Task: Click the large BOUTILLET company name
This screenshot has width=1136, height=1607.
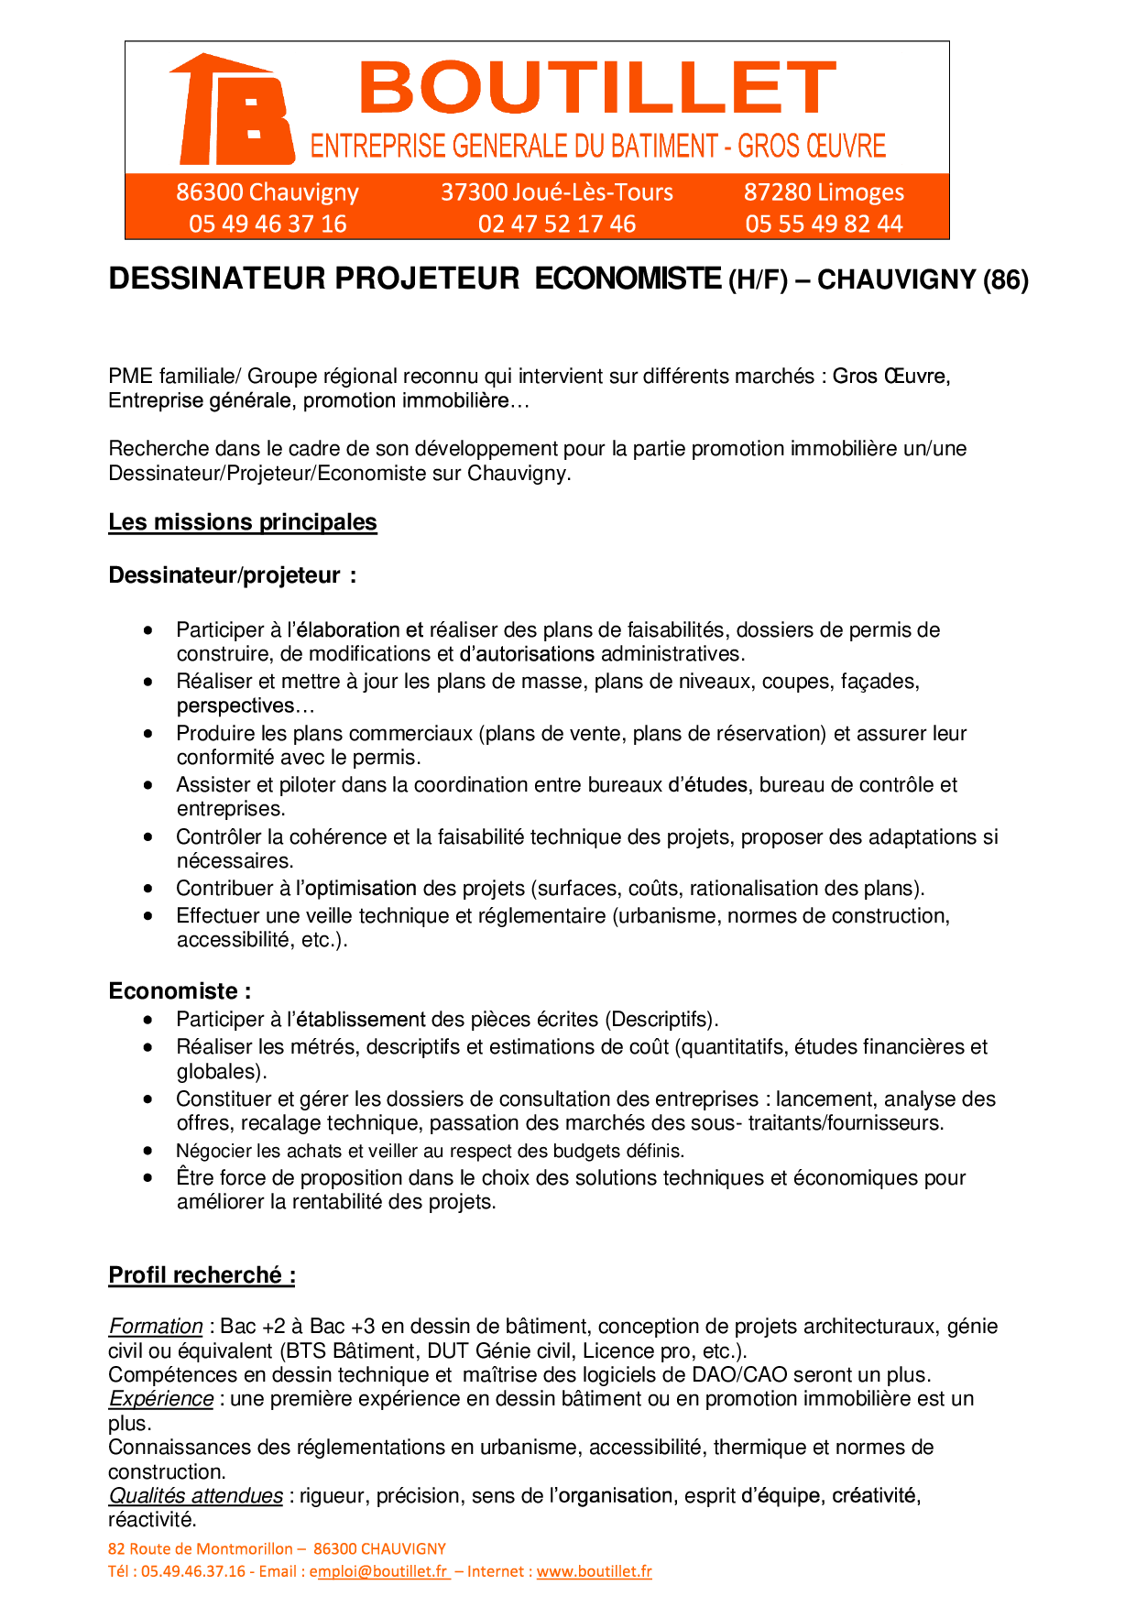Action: tap(597, 88)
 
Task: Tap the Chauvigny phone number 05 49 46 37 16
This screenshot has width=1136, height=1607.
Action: tap(268, 224)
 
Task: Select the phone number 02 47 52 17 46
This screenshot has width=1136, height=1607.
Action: tap(557, 224)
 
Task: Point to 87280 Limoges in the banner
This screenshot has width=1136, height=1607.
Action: tap(824, 192)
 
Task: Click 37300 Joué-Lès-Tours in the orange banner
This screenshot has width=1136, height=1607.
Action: tap(557, 192)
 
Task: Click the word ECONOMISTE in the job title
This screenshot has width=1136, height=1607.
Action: tap(628, 279)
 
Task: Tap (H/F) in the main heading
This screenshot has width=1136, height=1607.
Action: tap(758, 279)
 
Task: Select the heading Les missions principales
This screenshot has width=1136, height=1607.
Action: tap(243, 522)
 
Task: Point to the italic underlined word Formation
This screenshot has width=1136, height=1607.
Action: tap(156, 1327)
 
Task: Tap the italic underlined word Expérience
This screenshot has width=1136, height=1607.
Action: tap(161, 1399)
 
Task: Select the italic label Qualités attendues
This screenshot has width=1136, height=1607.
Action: tap(196, 1496)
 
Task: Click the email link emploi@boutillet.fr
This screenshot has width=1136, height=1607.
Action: tap(380, 1572)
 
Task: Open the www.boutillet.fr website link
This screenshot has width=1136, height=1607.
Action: tap(595, 1572)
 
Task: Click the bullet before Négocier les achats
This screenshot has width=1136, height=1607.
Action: tap(148, 1151)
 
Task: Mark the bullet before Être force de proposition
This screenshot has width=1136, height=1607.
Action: tap(148, 1178)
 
